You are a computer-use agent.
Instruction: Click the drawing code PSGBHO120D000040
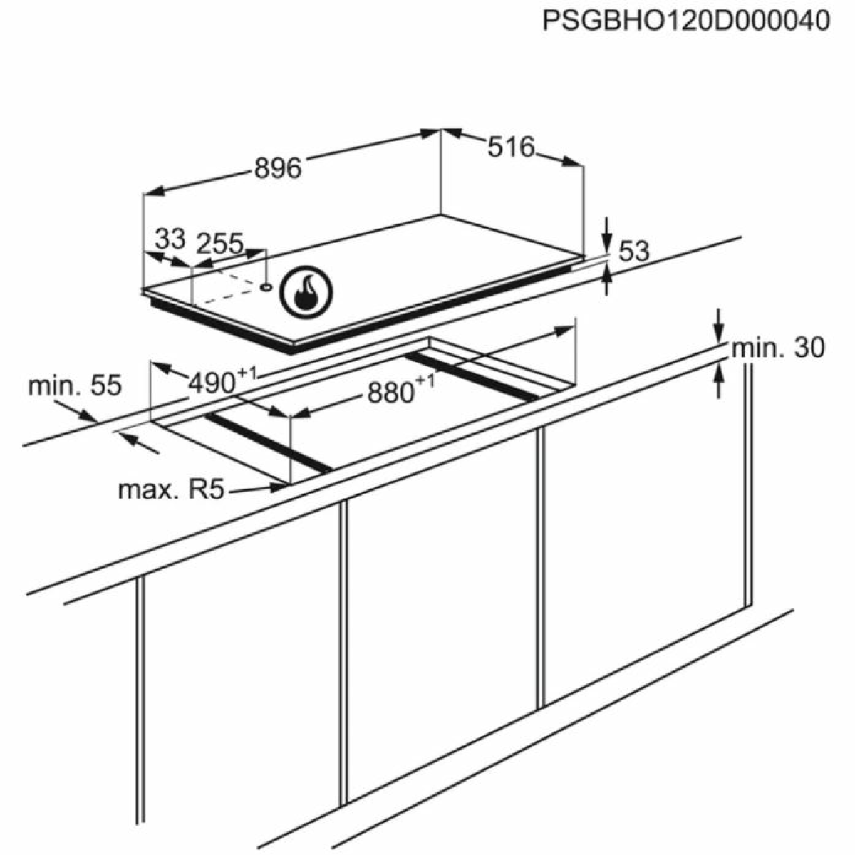686,21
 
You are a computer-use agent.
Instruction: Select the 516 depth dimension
511,147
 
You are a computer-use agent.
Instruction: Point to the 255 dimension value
220,243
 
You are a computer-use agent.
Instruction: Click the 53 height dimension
633,252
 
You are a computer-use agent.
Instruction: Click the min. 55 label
75,385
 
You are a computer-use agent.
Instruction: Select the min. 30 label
778,348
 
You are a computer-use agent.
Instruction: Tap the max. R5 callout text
171,490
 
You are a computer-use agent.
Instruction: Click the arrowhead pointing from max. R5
279,487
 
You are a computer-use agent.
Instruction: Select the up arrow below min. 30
719,383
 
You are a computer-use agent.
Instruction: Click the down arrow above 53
608,234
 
